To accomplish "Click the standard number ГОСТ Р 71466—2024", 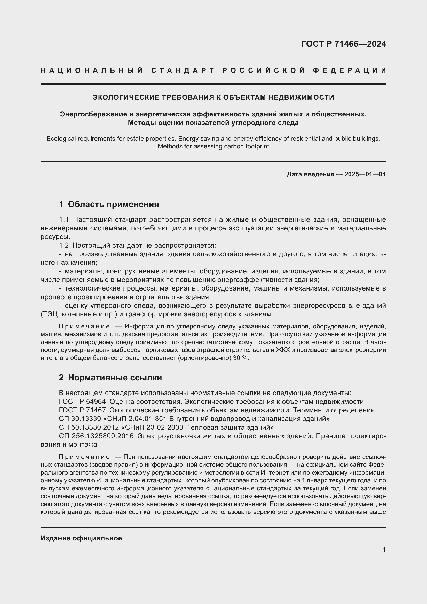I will (343, 44).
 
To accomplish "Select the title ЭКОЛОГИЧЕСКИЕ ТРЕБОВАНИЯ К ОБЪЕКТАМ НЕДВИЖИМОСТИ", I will (213, 97).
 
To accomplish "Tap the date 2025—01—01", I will (365, 174).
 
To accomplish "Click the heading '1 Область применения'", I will (109, 204).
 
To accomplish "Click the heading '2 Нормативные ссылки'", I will (110, 378).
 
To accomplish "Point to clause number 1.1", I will (64, 220).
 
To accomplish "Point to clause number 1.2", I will (64, 245).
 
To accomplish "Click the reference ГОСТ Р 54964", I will (82, 402).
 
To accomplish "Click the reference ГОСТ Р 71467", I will (82, 410).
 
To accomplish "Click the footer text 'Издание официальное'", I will (81, 538).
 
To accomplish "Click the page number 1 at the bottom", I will (384, 550).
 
